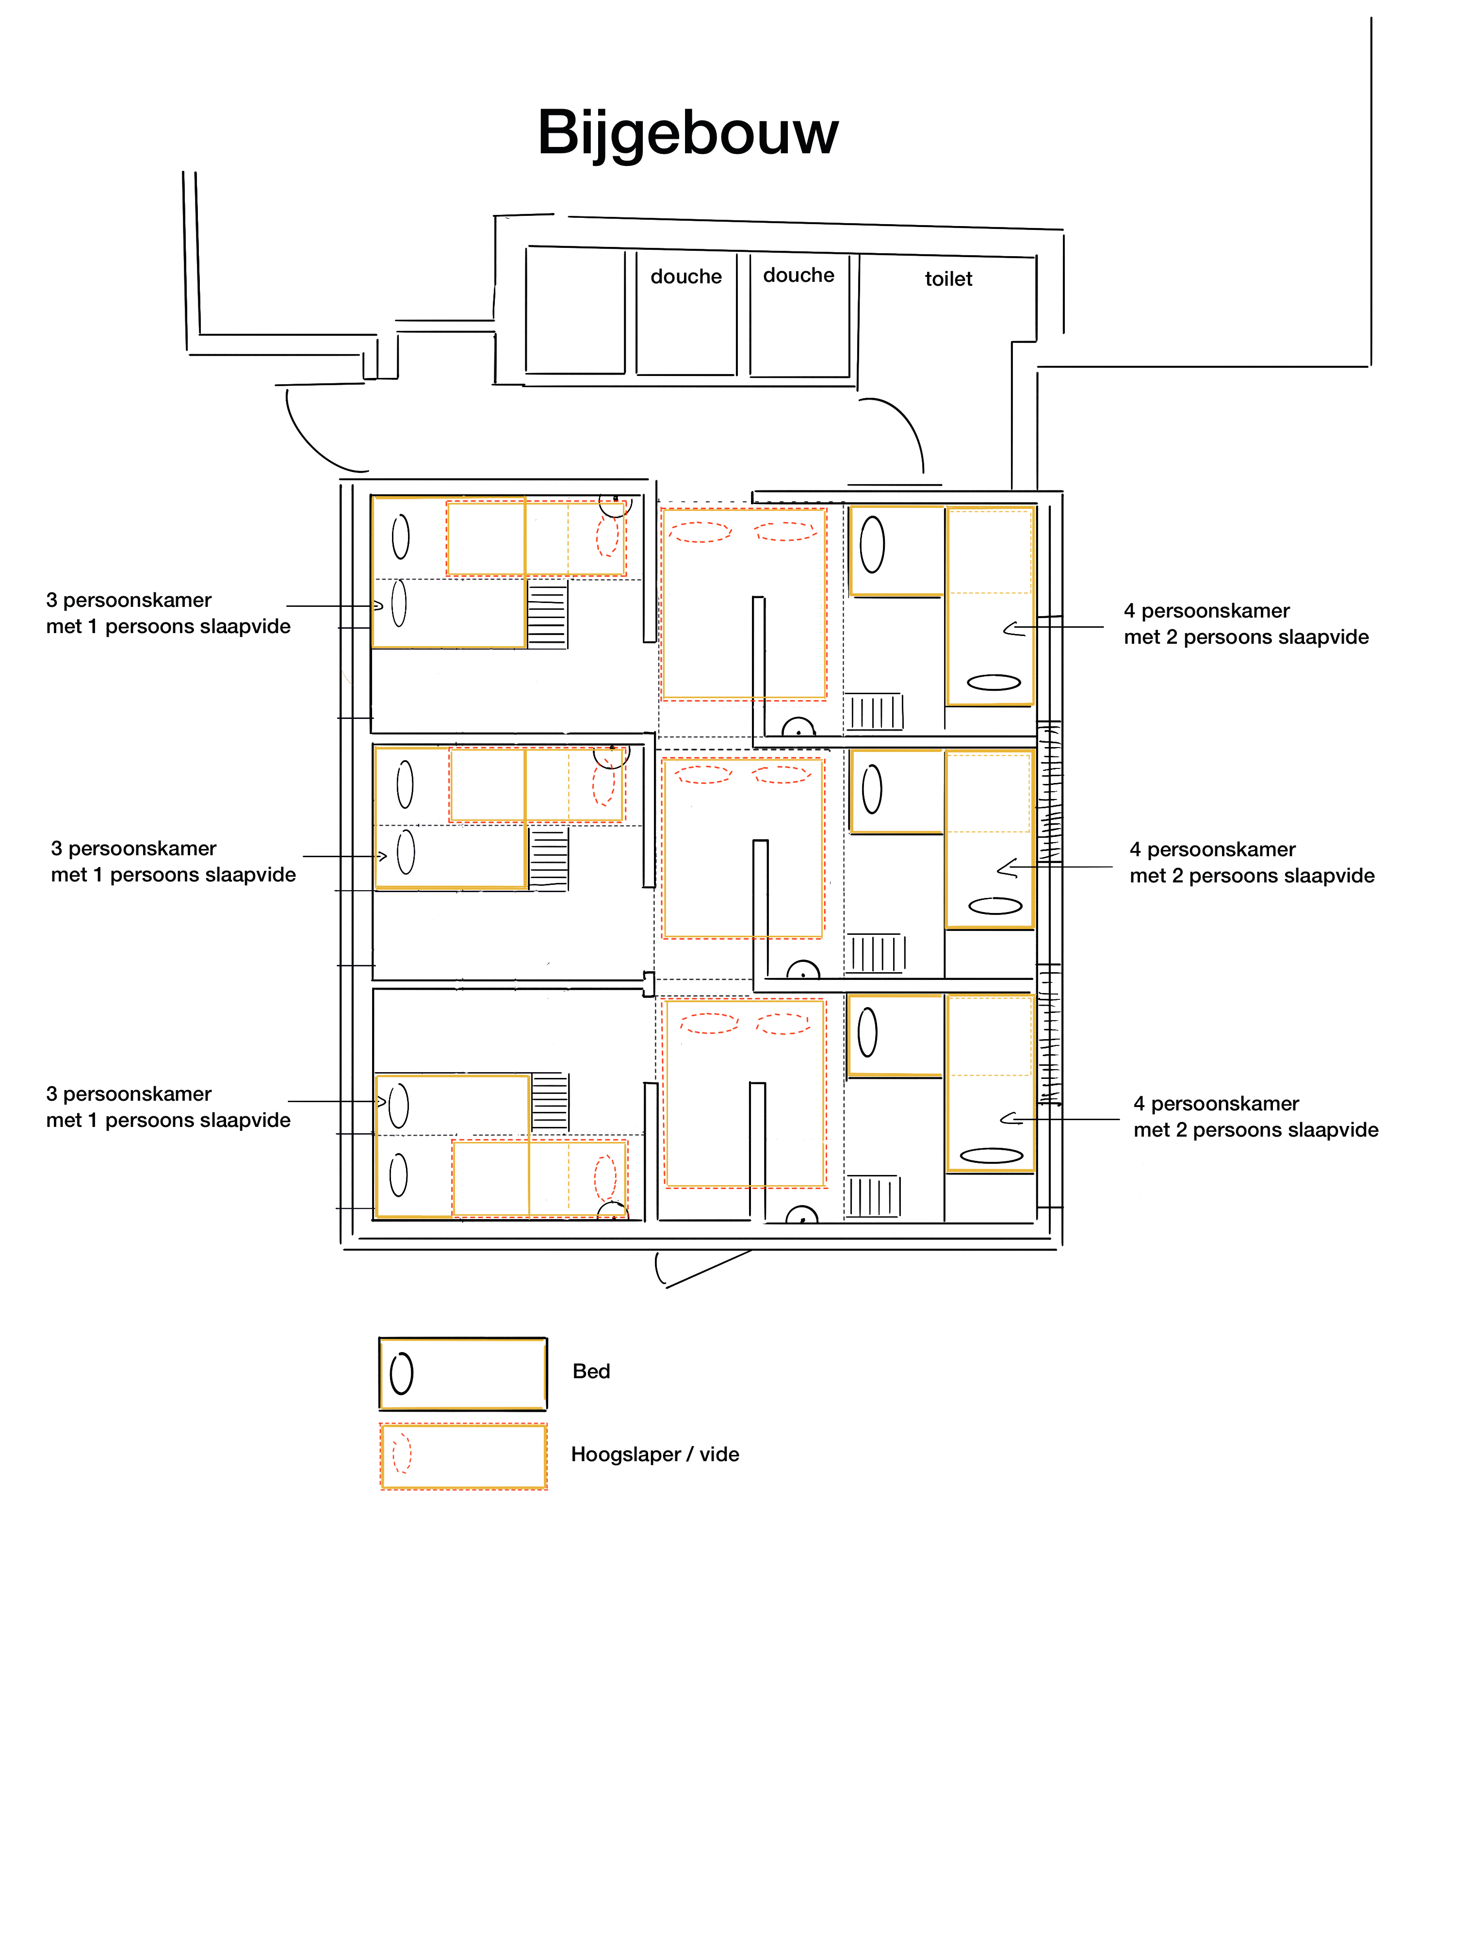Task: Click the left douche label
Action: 686,277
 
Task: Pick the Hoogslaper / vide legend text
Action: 654,1454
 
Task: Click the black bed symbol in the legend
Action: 462,1373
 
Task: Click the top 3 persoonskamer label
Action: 168,613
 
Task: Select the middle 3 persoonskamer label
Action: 173,861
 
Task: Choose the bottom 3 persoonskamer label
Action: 168,1107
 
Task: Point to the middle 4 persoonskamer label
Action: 1252,862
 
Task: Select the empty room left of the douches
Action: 575,310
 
